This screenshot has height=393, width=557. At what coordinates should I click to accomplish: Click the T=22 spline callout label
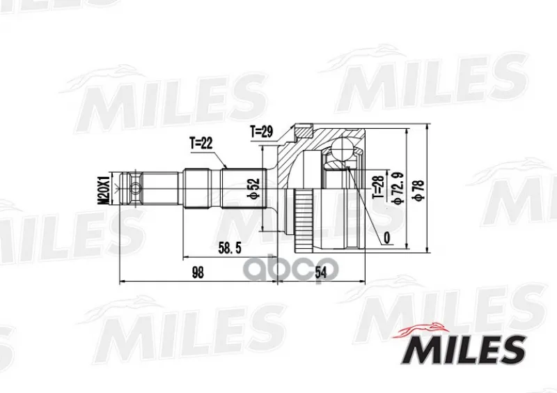pos(201,143)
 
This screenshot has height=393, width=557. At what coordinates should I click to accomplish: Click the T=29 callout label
pos(262,132)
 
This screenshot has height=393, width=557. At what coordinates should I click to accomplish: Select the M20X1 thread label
pos(103,189)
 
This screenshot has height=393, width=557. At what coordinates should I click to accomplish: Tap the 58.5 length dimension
pos(230,248)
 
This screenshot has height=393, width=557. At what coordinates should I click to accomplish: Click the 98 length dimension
pos(198,272)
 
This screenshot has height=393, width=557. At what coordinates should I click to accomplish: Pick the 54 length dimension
pos(320,272)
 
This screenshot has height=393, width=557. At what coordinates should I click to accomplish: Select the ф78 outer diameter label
pos(419,191)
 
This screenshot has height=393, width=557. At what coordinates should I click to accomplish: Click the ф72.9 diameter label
pos(397,188)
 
